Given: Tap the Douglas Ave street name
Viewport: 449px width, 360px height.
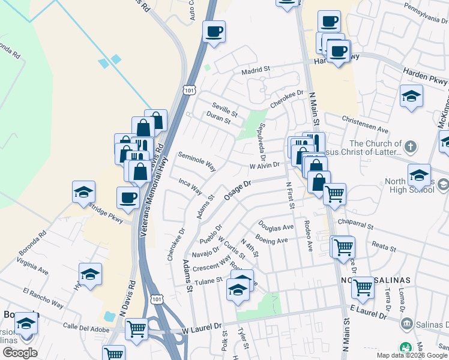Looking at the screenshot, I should click(276, 227).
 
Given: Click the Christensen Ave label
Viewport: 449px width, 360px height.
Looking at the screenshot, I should click(368, 128).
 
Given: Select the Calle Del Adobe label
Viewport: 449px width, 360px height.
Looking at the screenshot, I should click(85, 327).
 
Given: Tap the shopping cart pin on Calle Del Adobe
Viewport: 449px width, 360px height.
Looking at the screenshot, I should click(137, 328).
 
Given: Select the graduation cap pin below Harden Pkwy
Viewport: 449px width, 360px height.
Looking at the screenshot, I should click(411, 96).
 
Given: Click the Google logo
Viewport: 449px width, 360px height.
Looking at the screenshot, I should click(20, 353).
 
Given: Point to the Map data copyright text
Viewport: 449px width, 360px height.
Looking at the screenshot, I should click(412, 355).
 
